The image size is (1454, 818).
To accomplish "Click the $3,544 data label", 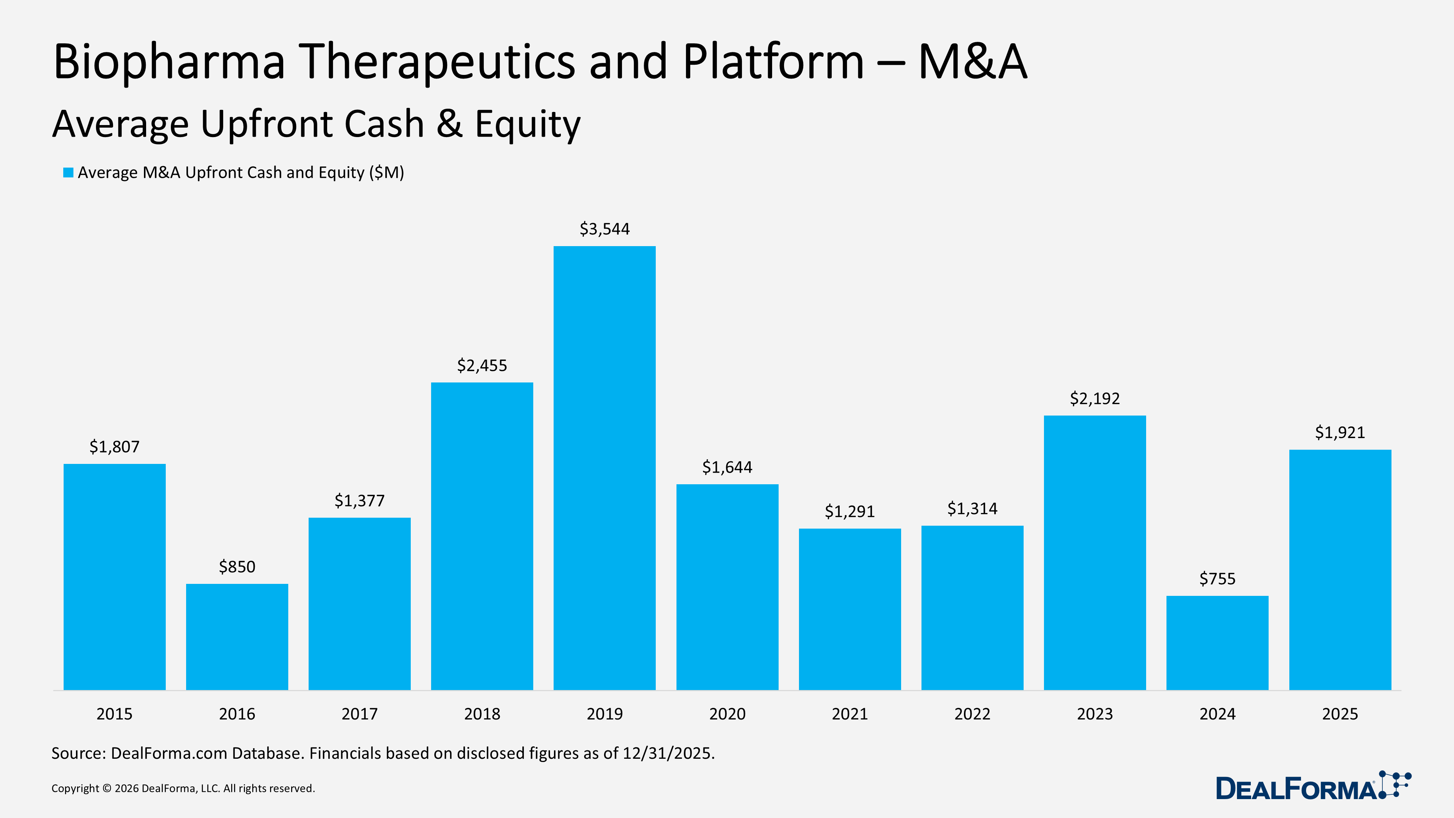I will click(605, 229).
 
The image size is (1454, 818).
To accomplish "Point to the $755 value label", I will click(1217, 579).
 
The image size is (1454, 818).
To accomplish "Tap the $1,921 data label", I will click(1340, 432).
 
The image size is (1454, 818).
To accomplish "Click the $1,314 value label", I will click(972, 509).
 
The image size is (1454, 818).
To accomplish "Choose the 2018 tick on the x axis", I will click(482, 714).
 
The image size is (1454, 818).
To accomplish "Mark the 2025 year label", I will click(1340, 714).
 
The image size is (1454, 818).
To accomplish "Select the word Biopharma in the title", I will click(169, 62).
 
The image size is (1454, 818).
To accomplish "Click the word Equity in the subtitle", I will click(527, 124).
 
